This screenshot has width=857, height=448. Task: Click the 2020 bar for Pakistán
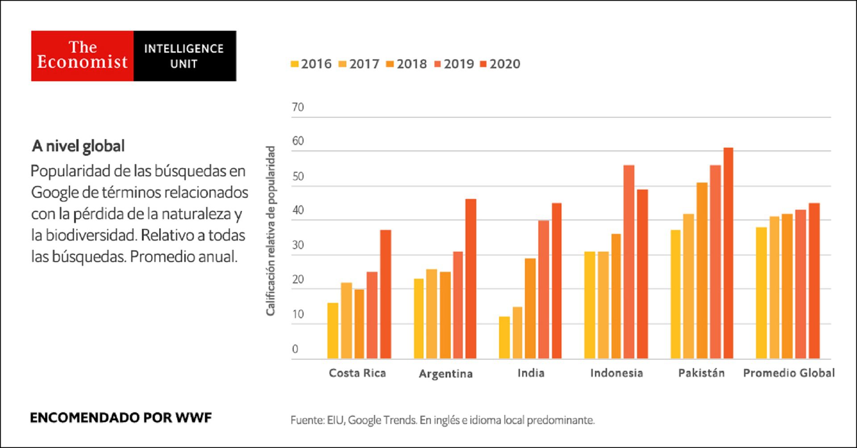tap(728, 253)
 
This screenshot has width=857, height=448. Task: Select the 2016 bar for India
tap(504, 338)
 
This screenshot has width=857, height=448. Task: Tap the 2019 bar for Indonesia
tap(629, 262)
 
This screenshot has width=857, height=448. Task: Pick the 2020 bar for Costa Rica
tap(386, 295)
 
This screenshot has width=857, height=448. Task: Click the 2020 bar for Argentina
tap(471, 279)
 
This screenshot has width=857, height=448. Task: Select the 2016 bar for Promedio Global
tap(761, 293)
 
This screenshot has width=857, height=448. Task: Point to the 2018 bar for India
tap(530, 308)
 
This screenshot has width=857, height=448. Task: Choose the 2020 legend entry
tap(500, 64)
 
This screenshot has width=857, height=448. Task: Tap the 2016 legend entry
tap(311, 64)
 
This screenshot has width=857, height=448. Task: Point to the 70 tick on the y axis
tap(298, 107)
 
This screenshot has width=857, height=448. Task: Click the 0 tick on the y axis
tap(295, 349)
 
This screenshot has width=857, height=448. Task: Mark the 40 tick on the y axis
tap(298, 210)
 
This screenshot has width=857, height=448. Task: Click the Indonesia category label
tap(616, 373)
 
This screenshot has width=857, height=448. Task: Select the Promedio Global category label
tap(789, 373)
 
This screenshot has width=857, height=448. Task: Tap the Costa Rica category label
tap(357, 373)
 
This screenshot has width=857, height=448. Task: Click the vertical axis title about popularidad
tap(270, 231)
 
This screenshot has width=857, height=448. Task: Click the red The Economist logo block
tap(82, 56)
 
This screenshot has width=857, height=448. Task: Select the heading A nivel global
tap(78, 146)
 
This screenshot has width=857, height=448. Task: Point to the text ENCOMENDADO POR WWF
tap(121, 418)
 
